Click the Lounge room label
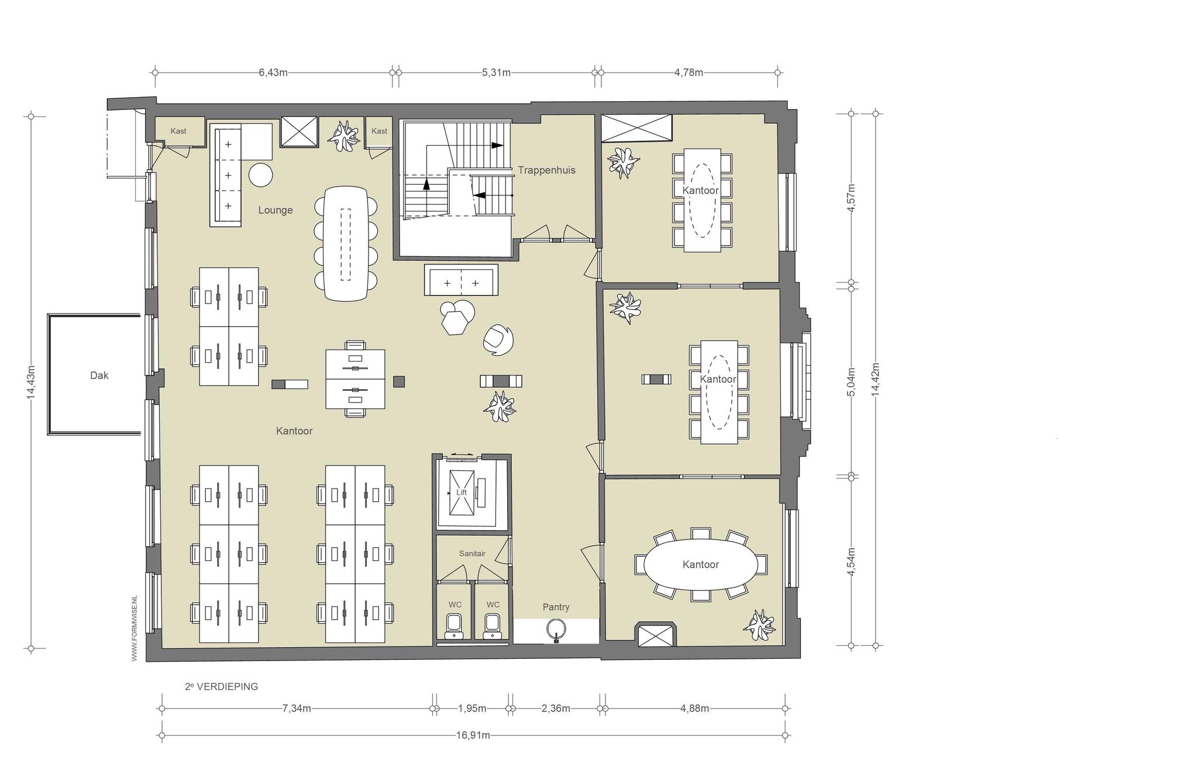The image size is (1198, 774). (x=276, y=210)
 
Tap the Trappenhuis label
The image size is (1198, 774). (x=546, y=170)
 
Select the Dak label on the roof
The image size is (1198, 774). (x=99, y=376)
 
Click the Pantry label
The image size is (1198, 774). (x=556, y=607)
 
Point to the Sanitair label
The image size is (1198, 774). (x=472, y=553)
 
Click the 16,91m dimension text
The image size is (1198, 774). (x=473, y=735)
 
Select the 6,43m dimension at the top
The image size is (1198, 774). (x=273, y=73)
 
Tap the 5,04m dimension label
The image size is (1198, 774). (x=852, y=381)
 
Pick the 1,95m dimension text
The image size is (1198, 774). (x=472, y=708)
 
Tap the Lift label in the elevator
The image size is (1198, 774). (x=462, y=493)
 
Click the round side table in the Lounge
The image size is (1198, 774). (x=261, y=175)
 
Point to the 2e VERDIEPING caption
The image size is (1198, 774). (x=222, y=687)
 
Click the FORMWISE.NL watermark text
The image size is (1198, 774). (x=135, y=628)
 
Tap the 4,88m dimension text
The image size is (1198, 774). (x=694, y=708)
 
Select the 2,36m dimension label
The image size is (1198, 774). (x=556, y=708)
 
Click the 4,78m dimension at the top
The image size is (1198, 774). (x=688, y=73)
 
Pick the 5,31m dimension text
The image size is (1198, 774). (x=496, y=73)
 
